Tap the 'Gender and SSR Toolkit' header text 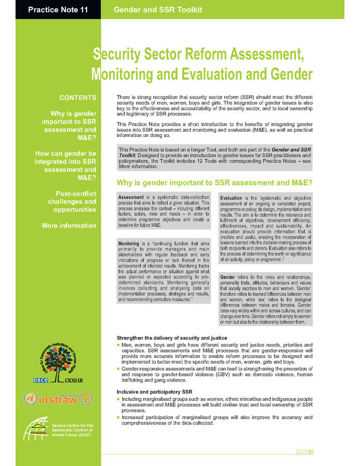[x=157, y=10]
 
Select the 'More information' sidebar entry [x=69, y=226]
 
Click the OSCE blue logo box [x=40, y=379]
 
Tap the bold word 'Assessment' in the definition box [x=130, y=197]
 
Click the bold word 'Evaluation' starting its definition [x=231, y=198]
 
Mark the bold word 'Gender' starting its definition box [x=227, y=278]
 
